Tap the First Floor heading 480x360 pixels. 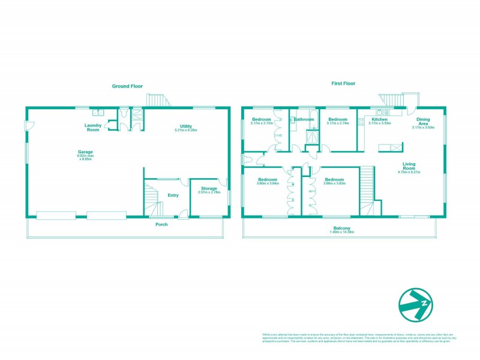344,84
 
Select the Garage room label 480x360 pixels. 85,152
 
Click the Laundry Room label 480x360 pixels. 92,127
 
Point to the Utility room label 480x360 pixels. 185,126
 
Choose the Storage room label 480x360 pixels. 209,188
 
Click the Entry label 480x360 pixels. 173,195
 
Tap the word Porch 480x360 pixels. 161,224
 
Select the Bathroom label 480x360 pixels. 304,119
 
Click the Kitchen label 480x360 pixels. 380,119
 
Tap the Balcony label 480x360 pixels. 343,228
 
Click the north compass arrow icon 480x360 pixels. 416,304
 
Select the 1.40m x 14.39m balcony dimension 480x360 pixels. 343,232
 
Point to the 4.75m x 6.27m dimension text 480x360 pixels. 409,172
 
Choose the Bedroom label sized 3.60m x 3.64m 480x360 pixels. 268,179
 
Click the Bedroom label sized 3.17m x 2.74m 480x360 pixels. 338,119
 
